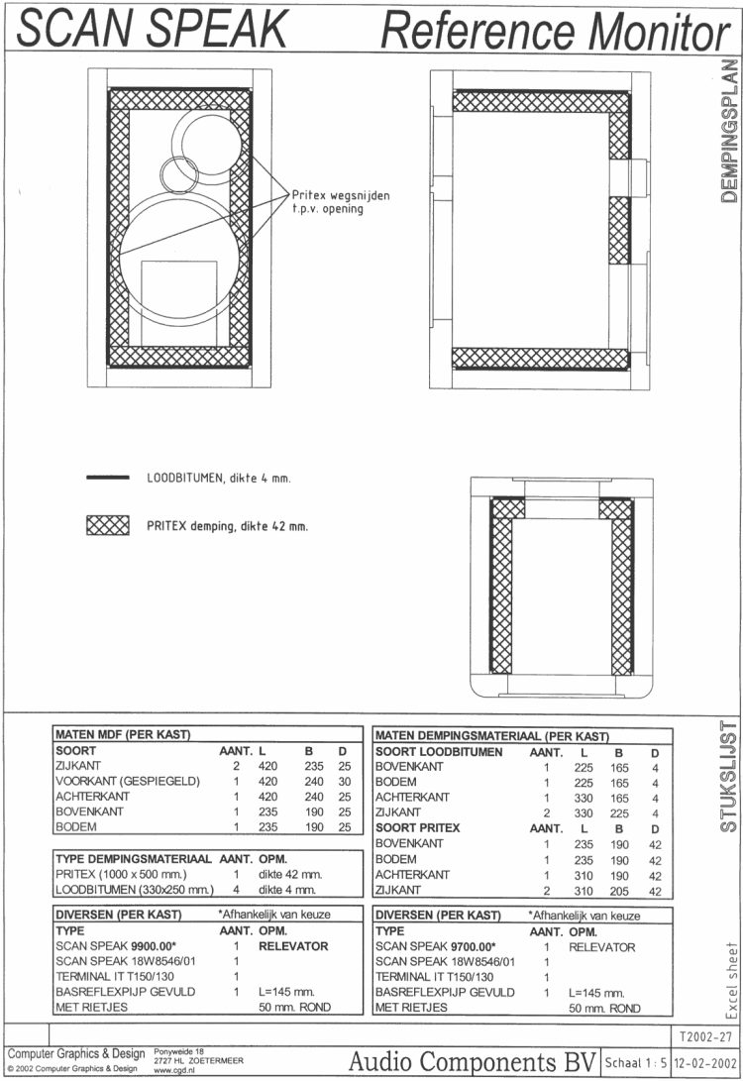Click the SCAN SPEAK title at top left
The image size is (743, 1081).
point(153,28)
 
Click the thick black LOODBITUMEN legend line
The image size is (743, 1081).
point(108,478)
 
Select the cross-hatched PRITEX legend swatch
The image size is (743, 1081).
point(108,525)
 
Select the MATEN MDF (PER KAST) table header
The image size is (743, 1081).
point(122,735)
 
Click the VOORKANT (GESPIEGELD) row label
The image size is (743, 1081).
point(128,782)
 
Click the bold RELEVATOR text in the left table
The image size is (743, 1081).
point(293,946)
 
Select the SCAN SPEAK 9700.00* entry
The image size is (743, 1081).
point(435,946)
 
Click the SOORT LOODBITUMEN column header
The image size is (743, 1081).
point(440,752)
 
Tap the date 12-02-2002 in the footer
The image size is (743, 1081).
point(704,1062)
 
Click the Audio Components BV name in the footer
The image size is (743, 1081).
point(470,1060)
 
